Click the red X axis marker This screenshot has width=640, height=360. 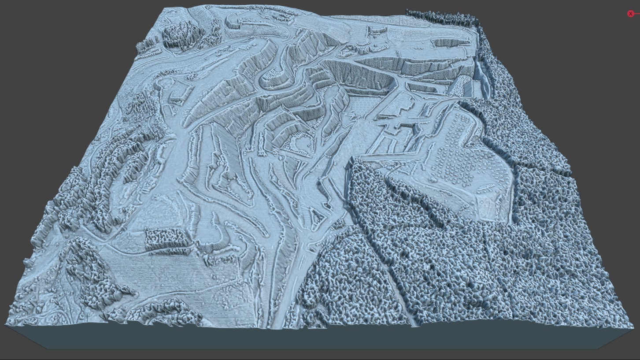click(x=630, y=14)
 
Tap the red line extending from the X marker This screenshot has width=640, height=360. click(x=637, y=14)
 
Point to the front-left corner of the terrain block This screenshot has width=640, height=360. click(x=6, y=325)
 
